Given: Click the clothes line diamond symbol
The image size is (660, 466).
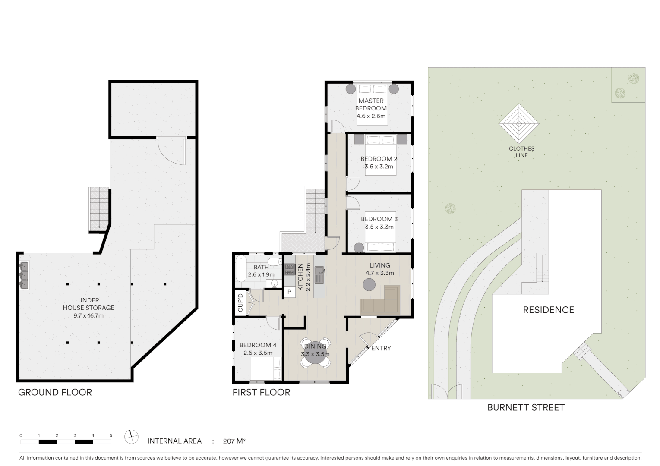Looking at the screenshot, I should pos(519,124).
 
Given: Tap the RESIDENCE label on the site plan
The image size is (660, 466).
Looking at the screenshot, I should pos(548,310).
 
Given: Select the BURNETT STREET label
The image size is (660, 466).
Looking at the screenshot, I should pos(526,407).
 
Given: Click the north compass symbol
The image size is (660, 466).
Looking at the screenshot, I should pos(131,437).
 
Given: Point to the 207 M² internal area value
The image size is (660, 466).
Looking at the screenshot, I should pos(234,441).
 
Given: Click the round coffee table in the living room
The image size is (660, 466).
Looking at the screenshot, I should pos(369,284).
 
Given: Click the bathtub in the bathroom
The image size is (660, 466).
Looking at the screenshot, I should pos(240,269).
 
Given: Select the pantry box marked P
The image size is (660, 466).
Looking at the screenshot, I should pos(289,292).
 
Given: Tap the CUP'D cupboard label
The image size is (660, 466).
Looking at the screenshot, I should pos(240,303).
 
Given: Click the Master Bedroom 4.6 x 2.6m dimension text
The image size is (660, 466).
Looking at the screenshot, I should pos(371,116).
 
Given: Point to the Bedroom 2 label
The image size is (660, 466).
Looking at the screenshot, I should pos(379,159).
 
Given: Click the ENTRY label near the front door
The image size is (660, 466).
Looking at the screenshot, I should pos(381,348).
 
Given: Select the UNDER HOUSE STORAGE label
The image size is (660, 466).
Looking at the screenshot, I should pos(88,304).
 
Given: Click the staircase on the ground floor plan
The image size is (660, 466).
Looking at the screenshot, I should pos(99,209).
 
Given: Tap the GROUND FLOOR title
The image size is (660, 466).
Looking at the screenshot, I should pos(55,392).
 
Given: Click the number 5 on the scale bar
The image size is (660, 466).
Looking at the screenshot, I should pos(111,435).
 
